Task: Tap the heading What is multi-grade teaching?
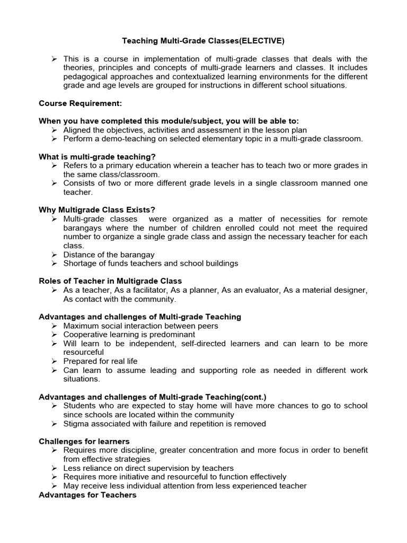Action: click(97, 156)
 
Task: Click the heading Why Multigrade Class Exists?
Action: click(97, 210)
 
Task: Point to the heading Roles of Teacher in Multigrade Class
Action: click(110, 281)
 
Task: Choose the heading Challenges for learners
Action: click(84, 441)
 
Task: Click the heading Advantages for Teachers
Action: click(87, 495)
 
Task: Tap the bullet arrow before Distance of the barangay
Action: click(54, 255)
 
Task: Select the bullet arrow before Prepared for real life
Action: click(54, 362)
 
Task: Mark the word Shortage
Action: click(79, 264)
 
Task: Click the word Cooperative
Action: click(85, 335)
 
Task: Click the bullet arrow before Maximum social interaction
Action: click(54, 326)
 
